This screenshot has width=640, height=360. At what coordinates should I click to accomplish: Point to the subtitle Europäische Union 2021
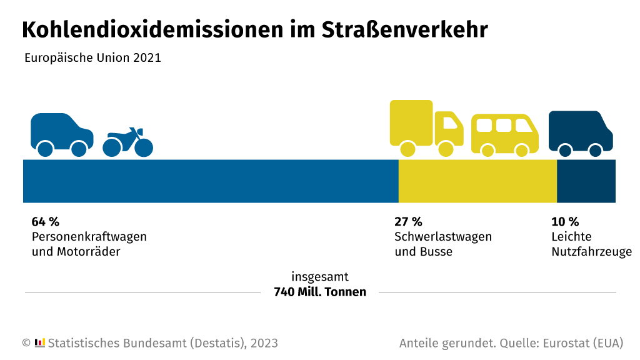[92, 58]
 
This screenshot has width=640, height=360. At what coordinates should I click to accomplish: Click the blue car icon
[61, 134]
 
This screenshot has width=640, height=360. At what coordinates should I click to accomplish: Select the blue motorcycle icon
[128, 142]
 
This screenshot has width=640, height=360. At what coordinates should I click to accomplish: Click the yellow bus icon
[504, 134]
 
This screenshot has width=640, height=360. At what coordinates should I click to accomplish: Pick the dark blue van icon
[580, 133]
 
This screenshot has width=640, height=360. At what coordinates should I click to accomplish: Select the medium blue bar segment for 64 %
[211, 181]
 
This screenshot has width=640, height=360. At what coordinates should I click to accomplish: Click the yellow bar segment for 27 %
[477, 181]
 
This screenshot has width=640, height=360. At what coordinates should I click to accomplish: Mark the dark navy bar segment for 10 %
[586, 181]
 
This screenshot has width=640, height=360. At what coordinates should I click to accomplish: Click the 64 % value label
[45, 222]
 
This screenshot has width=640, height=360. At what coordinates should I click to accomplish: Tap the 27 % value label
[408, 222]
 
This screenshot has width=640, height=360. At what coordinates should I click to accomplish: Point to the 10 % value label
[565, 222]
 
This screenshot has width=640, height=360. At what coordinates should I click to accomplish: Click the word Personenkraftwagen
[89, 237]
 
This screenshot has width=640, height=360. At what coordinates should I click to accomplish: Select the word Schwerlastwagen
[443, 237]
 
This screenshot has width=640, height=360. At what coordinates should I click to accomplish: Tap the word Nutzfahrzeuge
[591, 252]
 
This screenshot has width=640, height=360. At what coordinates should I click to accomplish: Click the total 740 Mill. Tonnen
[320, 292]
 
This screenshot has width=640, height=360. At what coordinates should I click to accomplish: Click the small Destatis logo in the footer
[40, 342]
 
